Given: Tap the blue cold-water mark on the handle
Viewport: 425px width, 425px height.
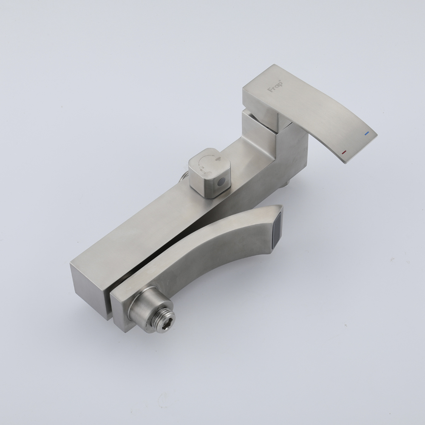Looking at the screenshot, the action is point(367,133).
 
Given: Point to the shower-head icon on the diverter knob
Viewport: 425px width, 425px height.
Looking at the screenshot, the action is point(218,160).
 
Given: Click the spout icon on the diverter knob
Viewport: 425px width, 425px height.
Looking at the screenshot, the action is point(202,170).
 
